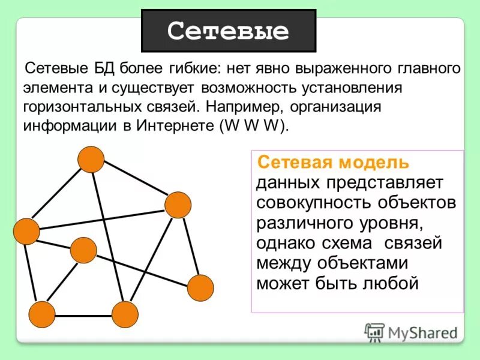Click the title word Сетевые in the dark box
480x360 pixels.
tap(228, 31)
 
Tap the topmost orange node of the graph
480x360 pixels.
tap(91, 159)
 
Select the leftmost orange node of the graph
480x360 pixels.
tap(26, 231)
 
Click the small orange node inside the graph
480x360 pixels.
tap(83, 250)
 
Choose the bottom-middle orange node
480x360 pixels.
tap(125, 314)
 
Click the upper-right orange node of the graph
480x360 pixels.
tap(178, 205)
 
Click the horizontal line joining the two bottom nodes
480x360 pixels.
tap(83, 315)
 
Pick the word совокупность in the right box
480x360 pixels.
tap(303, 202)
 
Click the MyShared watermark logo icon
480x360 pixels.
tap(374, 332)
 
